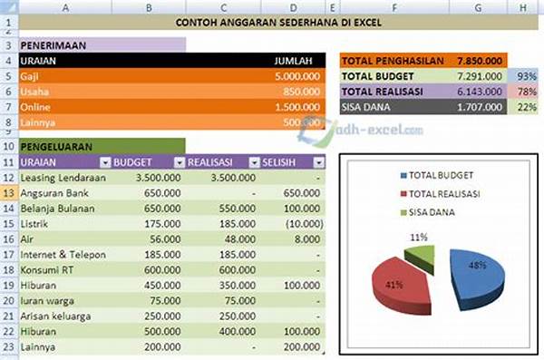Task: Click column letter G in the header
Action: coord(477,5)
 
